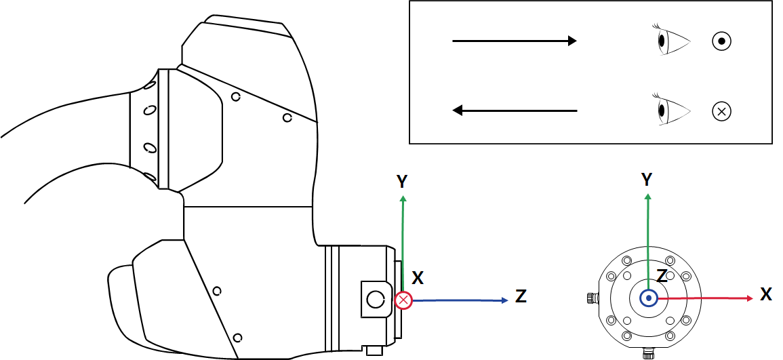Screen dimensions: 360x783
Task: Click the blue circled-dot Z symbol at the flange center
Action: tap(649, 298)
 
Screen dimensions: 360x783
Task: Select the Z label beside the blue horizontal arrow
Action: tap(521, 296)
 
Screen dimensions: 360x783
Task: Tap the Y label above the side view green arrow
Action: tap(402, 181)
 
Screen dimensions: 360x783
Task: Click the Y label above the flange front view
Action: tap(647, 180)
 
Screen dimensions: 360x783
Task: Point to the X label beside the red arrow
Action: tap(766, 294)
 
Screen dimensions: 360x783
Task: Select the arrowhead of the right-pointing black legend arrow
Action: tap(571, 41)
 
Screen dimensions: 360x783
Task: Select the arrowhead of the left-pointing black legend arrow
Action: tap(458, 110)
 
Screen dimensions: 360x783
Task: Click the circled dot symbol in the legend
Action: tap(721, 41)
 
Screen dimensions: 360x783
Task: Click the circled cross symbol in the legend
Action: tap(721, 111)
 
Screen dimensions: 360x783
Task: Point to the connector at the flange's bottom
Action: tap(648, 353)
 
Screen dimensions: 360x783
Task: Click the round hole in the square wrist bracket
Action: tap(374, 298)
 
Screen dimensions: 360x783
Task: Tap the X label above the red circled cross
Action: tap(418, 278)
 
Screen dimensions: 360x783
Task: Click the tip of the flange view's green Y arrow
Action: tap(648, 196)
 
